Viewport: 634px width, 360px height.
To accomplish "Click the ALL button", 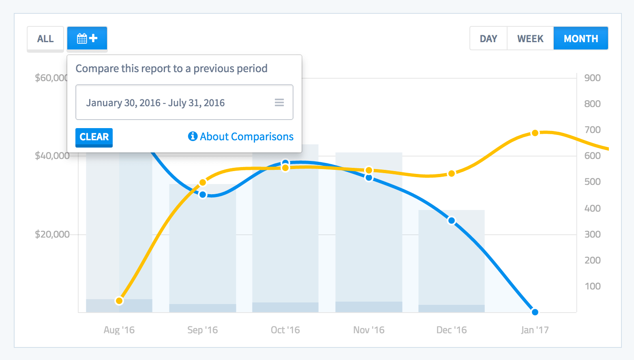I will point(45,39).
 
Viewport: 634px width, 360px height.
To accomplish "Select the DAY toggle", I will point(488,39).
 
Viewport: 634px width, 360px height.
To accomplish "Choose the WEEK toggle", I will point(530,39).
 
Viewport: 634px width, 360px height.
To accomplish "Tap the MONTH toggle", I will point(580,39).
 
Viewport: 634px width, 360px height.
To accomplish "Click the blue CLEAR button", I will point(94,137).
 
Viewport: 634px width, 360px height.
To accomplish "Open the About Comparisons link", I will point(241,137).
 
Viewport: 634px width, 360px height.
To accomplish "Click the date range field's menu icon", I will point(279,103).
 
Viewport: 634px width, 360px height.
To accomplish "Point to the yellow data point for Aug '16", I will point(119,301).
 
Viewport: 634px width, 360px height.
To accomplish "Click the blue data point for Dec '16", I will point(452,221).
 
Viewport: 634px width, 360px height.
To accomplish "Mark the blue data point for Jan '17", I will point(535,312).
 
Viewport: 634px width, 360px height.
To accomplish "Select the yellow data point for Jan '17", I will point(535,133).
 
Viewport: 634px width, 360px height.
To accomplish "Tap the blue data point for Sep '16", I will point(203,195).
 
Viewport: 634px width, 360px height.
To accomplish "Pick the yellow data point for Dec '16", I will point(452,174).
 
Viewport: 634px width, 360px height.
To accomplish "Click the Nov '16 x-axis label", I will point(368,330).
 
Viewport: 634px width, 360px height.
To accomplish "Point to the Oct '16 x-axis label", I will point(285,330).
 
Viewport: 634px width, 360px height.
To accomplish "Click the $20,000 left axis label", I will point(52,234).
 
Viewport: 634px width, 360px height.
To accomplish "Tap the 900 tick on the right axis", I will point(592,78).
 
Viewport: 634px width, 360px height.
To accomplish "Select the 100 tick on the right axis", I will point(592,286).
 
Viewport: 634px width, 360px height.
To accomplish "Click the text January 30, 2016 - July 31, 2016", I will point(155,103).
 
